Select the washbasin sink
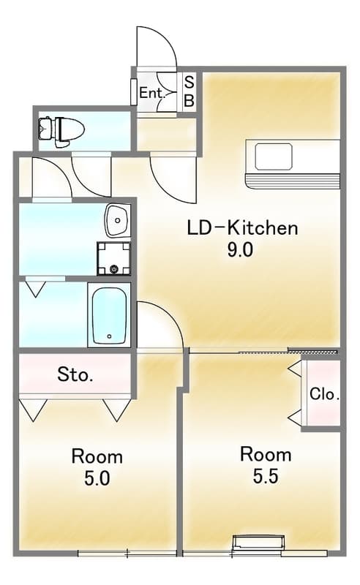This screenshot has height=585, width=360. (118, 221)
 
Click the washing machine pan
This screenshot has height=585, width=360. (114, 259)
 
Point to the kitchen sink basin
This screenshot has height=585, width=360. (274, 156)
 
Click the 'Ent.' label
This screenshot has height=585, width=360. (152, 93)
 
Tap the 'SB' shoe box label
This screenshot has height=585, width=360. (190, 92)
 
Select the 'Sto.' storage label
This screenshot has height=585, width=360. (75, 374)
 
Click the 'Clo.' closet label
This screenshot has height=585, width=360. (325, 394)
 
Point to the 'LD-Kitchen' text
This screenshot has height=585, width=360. (242, 227)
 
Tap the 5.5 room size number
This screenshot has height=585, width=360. (266, 476)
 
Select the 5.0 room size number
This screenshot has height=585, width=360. (97, 478)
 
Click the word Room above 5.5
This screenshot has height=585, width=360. (266, 454)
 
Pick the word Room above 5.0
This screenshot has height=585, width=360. (97, 456)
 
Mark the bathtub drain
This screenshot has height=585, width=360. (109, 336)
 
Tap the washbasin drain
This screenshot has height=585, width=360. (118, 221)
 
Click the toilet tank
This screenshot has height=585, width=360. (45, 129)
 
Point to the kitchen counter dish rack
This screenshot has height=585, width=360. (293, 181)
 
